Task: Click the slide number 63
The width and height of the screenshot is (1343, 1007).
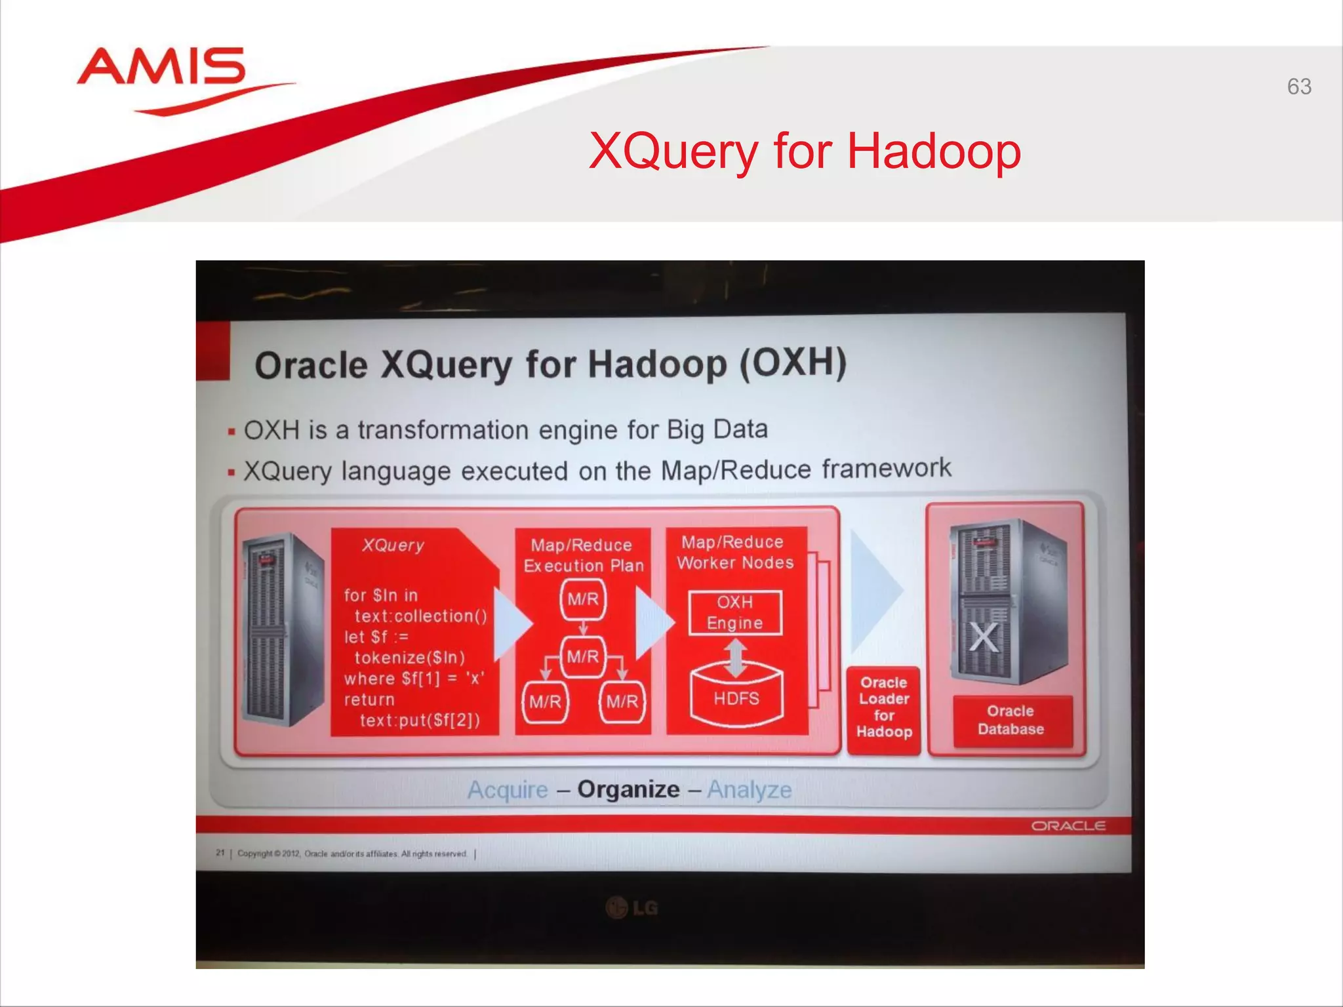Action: point(1298,87)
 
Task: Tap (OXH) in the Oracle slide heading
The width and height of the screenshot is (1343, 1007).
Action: point(793,363)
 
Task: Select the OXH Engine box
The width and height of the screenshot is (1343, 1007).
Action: point(735,612)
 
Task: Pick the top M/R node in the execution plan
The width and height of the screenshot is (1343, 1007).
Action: point(583,599)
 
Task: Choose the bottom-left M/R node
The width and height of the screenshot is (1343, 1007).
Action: point(546,702)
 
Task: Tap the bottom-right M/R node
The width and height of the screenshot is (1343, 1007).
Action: point(622,702)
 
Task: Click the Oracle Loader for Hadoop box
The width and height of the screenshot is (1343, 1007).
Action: point(883,707)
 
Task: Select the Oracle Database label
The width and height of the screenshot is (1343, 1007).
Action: point(1011,721)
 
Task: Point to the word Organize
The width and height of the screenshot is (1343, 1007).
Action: point(628,789)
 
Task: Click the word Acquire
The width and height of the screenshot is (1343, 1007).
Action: point(508,790)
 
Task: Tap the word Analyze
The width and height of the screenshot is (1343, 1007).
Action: point(749,790)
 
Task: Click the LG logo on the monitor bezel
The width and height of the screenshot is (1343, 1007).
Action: point(632,908)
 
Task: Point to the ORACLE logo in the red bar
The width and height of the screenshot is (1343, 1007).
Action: point(1068,826)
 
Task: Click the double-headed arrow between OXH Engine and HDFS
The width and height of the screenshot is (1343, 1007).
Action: point(736,658)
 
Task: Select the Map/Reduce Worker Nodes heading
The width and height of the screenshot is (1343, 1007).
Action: point(734,552)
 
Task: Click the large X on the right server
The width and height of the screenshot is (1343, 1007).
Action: point(984,637)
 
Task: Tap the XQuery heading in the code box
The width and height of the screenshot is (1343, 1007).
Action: point(393,545)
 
